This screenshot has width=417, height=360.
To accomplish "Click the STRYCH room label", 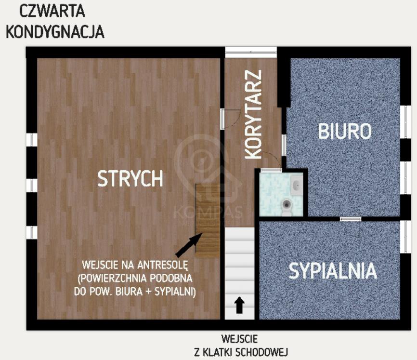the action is point(130,179).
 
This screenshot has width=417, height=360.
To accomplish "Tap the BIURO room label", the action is point(345,131).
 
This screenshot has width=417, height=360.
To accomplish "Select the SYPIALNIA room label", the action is point(333,271).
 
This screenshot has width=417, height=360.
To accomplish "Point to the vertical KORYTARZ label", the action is point(253,115).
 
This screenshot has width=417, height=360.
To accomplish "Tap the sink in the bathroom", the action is point(297,185).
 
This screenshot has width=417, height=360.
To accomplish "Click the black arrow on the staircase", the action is point(240,305).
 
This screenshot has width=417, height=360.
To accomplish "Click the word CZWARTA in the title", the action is point(52,12).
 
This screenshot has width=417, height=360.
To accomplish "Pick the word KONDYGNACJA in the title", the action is point(55,32).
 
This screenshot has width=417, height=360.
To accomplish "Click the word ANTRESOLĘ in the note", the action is point(162,265).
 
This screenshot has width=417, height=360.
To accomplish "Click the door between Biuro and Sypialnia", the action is point(351,219).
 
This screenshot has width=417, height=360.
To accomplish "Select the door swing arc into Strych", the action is point(235,120).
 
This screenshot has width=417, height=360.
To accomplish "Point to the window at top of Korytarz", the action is point(251,53).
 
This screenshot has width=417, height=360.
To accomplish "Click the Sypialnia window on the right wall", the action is point(405,237).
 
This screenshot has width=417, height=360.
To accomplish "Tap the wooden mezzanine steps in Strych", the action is point(208,221).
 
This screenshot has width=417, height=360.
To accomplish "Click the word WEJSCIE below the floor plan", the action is point(239,339).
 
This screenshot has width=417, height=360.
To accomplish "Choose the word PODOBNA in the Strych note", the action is point(171,279).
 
